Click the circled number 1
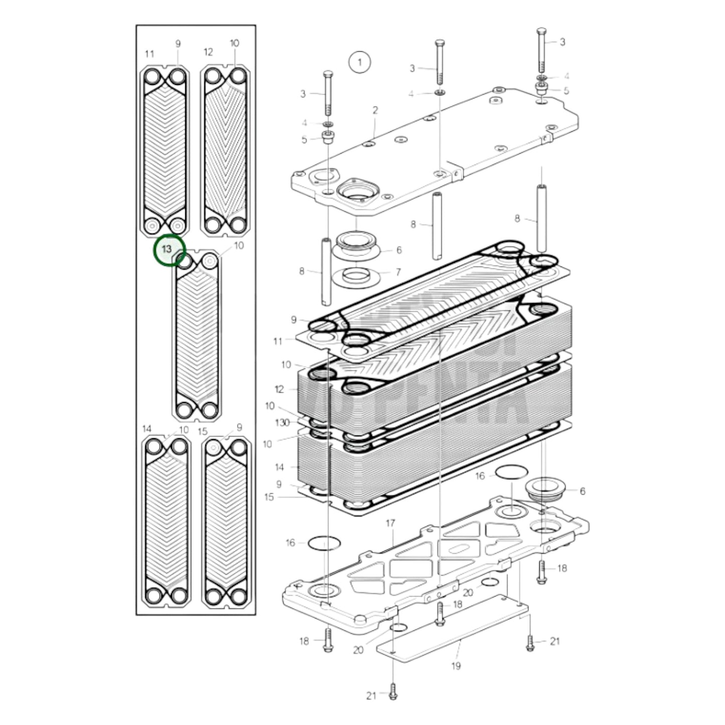click(359, 63)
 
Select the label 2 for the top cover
click(375, 110)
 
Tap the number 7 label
click(398, 272)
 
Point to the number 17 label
click(390, 524)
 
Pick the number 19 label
click(456, 666)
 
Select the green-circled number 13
click(167, 249)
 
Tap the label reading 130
click(282, 422)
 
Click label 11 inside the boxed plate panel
click(149, 54)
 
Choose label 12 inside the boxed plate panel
click(208, 52)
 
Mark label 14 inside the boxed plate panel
click(147, 429)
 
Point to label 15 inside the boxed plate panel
click(202, 431)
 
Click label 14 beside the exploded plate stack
click(279, 467)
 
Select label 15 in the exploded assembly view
click(269, 497)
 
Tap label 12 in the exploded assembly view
click(279, 389)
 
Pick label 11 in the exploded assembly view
click(278, 342)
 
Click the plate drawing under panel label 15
click(226, 522)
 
